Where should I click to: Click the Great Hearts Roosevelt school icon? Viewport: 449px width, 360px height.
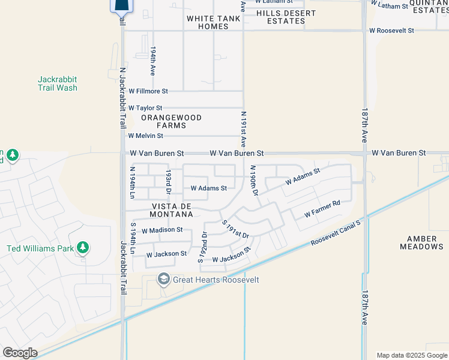click(163, 280)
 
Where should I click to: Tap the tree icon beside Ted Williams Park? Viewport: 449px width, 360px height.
click(83, 248)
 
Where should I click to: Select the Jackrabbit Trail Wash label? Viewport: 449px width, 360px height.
click(58, 83)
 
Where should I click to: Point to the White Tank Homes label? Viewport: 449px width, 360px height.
click(213, 22)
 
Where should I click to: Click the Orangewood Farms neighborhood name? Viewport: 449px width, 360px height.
click(171, 122)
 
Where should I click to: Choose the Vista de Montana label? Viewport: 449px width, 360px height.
click(168, 210)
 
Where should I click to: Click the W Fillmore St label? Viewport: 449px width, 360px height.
click(148, 91)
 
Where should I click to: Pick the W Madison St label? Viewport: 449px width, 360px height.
click(161, 230)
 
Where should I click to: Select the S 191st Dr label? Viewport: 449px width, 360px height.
click(235, 229)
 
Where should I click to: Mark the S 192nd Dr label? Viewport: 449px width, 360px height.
click(202, 247)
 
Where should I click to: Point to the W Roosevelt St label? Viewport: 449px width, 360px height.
click(393, 29)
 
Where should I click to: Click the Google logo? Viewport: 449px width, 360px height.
click(19, 353)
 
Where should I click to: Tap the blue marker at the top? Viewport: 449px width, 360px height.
click(121, 6)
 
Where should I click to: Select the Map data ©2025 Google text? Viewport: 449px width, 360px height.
click(411, 355)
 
